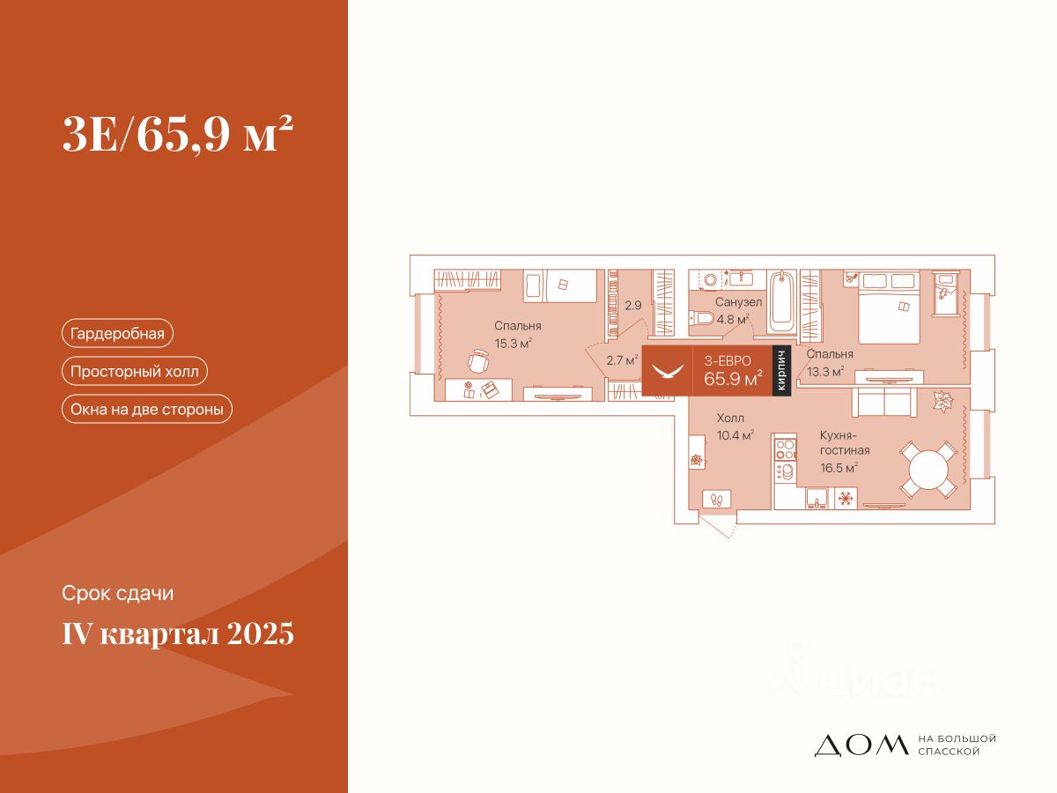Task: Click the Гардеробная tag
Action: pyautogui.click(x=117, y=333)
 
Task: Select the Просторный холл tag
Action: pyautogui.click(x=135, y=371)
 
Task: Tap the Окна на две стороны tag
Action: pyautogui.click(x=146, y=409)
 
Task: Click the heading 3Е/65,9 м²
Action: pyautogui.click(x=177, y=136)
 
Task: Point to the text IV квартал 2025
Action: pyautogui.click(x=178, y=634)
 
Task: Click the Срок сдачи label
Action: pyautogui.click(x=118, y=594)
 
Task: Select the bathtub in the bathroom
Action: pyautogui.click(x=782, y=301)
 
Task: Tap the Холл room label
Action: pyautogui.click(x=730, y=419)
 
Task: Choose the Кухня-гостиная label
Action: pyautogui.click(x=839, y=443)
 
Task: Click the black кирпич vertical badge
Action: pyautogui.click(x=780, y=371)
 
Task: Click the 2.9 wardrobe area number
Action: pyautogui.click(x=632, y=306)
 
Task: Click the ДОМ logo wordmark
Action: pyautogui.click(x=861, y=745)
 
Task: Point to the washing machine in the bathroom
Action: pyautogui.click(x=711, y=281)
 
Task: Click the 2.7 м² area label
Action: pyautogui.click(x=621, y=359)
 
